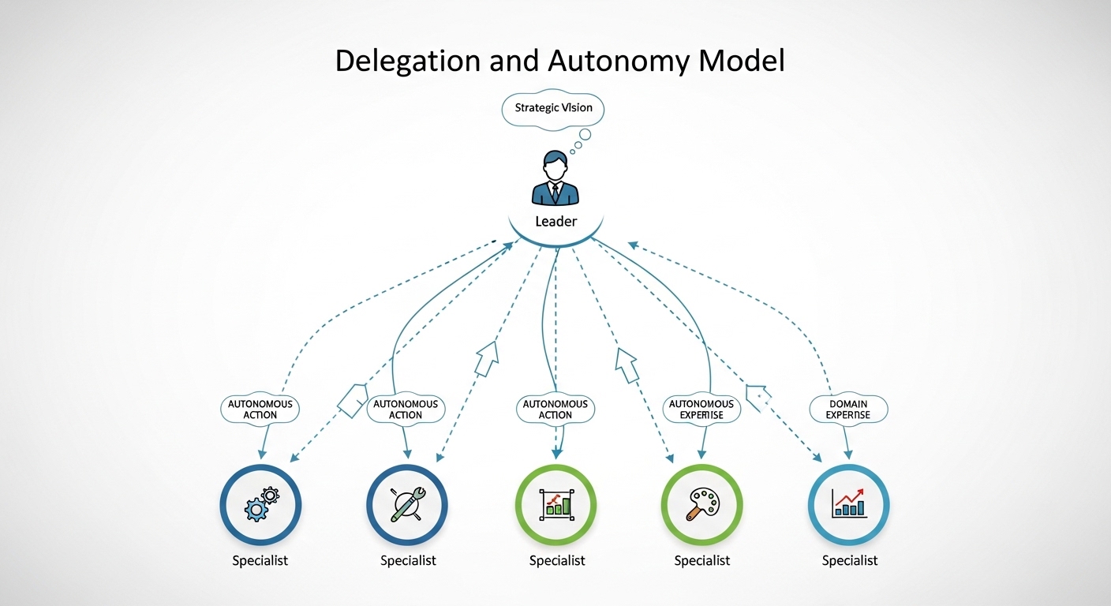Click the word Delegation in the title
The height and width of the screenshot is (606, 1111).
pyautogui.click(x=408, y=62)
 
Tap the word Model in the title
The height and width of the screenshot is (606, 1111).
pyautogui.click(x=742, y=61)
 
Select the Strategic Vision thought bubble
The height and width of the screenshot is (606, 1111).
pyautogui.click(x=553, y=109)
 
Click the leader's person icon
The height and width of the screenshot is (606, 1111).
pyautogui.click(x=555, y=178)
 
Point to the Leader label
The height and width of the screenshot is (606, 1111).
pyautogui.click(x=556, y=221)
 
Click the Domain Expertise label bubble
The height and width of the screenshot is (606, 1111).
pyautogui.click(x=848, y=409)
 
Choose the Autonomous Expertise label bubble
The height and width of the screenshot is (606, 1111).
pyautogui.click(x=701, y=409)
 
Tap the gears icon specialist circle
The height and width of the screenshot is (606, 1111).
pyautogui.click(x=261, y=505)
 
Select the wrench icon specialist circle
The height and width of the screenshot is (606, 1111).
pyautogui.click(x=407, y=505)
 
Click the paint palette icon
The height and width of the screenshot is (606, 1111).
pyautogui.click(x=701, y=504)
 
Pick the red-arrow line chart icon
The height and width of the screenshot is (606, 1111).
pyautogui.click(x=849, y=503)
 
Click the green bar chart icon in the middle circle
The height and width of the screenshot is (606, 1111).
pyautogui.click(x=556, y=505)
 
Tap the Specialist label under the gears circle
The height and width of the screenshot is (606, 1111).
pyautogui.click(x=260, y=560)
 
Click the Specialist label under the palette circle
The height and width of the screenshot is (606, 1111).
pyautogui.click(x=701, y=560)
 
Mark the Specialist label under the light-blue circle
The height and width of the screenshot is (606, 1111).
pyautogui.click(x=850, y=560)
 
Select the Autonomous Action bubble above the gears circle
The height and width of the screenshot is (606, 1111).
pyautogui.click(x=260, y=409)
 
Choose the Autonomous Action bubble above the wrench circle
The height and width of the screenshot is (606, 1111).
pyautogui.click(x=406, y=409)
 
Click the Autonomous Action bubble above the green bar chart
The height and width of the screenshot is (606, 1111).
pyautogui.click(x=555, y=409)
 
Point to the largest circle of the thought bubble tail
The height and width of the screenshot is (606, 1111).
pyautogui.click(x=585, y=134)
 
